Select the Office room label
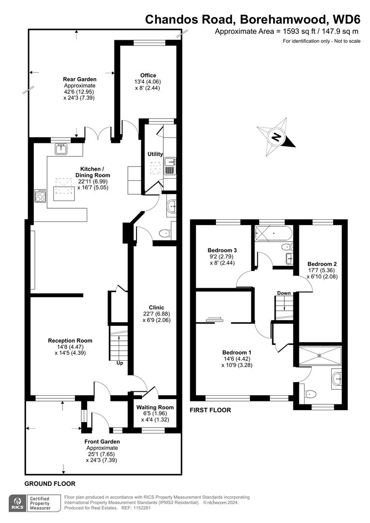[148, 75]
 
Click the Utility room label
[155, 154]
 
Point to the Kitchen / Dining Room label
[95, 172]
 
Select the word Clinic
[156, 308]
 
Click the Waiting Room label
[154, 407]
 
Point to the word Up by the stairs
[119, 363]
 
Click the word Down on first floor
[284, 293]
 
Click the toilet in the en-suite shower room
[311, 394]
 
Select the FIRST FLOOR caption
[210, 410]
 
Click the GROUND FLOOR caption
[50, 484]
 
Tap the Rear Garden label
[79, 79]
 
